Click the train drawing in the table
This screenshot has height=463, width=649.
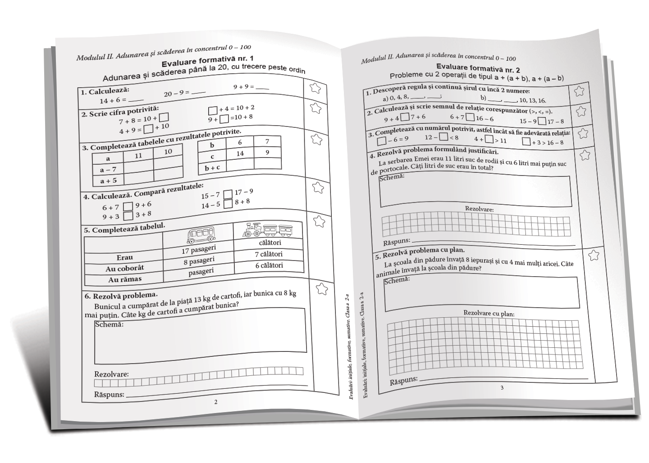pos(267,229)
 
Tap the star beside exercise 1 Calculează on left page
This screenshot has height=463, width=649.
pos(315,88)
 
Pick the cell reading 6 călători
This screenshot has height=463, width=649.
pos(269,265)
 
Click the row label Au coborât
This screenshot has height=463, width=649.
pos(125,268)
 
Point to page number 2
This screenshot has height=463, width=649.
pos(215,402)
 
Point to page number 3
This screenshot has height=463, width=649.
pos(502,387)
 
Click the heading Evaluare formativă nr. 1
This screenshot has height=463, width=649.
pos(207,60)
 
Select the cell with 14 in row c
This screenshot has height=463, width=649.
pos(240,153)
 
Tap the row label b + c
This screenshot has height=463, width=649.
pos(212,168)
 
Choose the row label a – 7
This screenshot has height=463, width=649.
pos(108,170)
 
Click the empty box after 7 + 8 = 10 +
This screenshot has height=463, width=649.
pos(164,117)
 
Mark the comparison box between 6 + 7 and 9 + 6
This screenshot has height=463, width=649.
pos(128,207)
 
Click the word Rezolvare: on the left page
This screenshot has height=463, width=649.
pos(111,374)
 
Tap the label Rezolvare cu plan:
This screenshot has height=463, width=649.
pos(489,313)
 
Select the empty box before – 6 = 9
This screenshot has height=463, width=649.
pos(381,141)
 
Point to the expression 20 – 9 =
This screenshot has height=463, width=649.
pos(177,94)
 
